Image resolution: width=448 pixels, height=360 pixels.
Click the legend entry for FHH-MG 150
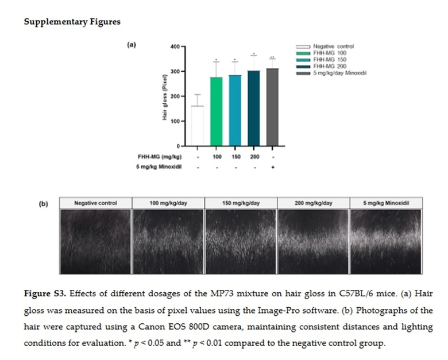point(330,59)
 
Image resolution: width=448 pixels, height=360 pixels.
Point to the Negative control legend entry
point(333,46)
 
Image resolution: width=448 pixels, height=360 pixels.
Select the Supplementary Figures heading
point(72,22)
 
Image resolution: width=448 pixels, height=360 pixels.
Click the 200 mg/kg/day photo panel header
point(313,203)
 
